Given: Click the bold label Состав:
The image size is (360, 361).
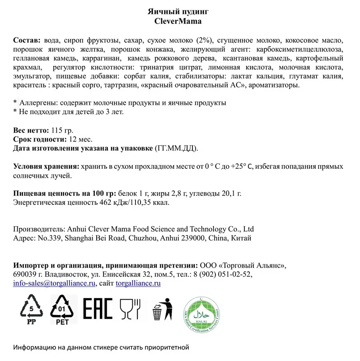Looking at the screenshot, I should (x=27, y=40).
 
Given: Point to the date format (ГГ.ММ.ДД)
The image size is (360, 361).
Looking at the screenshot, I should (x=176, y=148).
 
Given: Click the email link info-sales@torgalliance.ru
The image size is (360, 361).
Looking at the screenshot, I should (x=55, y=283).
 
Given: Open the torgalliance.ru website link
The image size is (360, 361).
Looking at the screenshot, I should (x=138, y=283).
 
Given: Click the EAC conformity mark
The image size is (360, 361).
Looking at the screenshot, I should (x=98, y=309).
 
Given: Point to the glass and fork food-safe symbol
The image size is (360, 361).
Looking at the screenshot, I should (x=130, y=309).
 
